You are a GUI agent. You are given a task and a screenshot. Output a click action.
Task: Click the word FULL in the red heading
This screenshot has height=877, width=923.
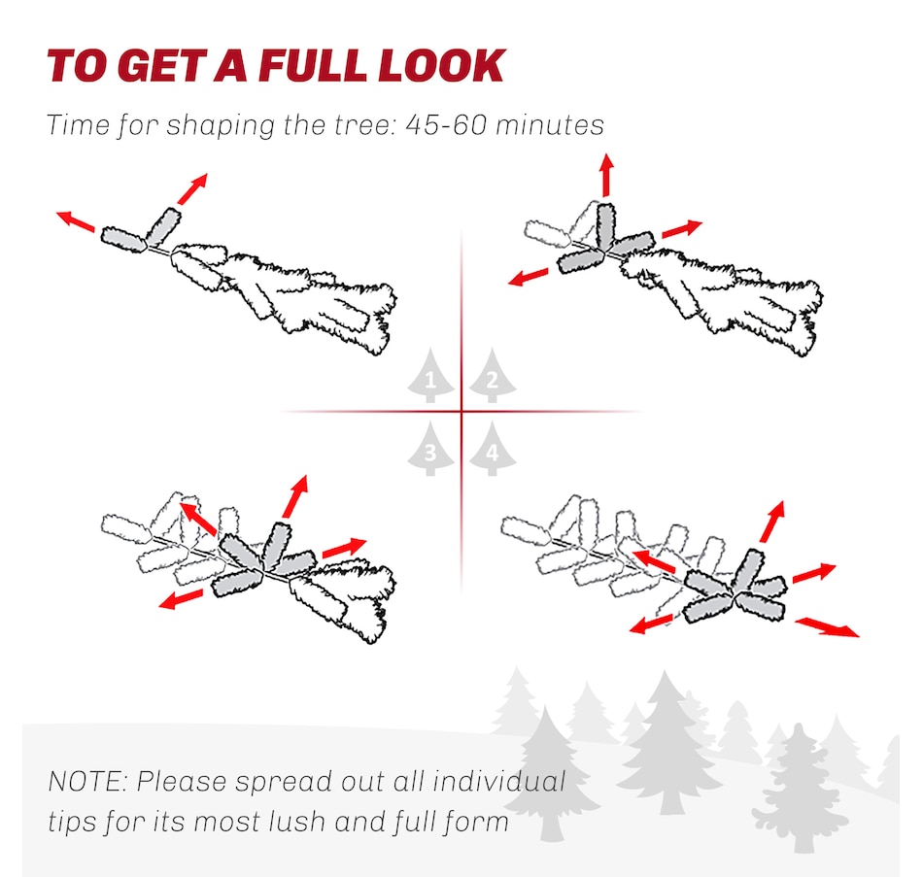click(x=310, y=65)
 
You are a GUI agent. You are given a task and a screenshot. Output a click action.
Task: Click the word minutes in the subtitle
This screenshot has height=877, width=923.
click(x=550, y=124)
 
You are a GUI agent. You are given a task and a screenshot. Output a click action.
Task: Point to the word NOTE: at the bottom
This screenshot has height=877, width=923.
click(x=88, y=782)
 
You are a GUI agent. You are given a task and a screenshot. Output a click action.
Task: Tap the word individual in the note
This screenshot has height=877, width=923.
click(x=498, y=782)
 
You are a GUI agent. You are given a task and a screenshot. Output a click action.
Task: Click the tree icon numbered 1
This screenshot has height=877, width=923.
click(x=430, y=376)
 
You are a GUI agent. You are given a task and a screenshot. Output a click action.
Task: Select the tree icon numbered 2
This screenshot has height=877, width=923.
click(x=493, y=376)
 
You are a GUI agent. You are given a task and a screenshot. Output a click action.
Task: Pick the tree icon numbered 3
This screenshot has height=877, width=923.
click(x=430, y=449)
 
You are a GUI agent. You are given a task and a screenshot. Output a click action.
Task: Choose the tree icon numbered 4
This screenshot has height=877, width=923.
click(x=493, y=449)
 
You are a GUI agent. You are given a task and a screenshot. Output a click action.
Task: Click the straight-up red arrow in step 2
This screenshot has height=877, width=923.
click(x=607, y=175)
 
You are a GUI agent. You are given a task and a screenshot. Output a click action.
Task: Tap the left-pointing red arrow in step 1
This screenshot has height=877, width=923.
click(x=76, y=221)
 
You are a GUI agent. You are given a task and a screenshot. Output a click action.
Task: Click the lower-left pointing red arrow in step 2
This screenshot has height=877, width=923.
click(x=528, y=276)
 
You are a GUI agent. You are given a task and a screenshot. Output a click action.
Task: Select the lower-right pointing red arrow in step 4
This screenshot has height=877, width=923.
click(x=827, y=626)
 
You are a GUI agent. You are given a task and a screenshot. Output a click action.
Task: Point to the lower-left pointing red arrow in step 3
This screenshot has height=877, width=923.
click(x=182, y=598)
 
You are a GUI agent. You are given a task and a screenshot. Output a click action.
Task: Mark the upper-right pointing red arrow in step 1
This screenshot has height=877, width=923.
click(x=192, y=188)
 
